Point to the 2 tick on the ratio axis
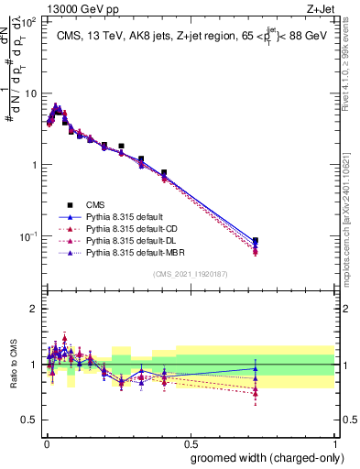(x=34, y=309)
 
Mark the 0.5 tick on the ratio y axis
(x=30, y=420)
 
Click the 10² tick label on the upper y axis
(x=29, y=22)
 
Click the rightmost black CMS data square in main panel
(x=255, y=241)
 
